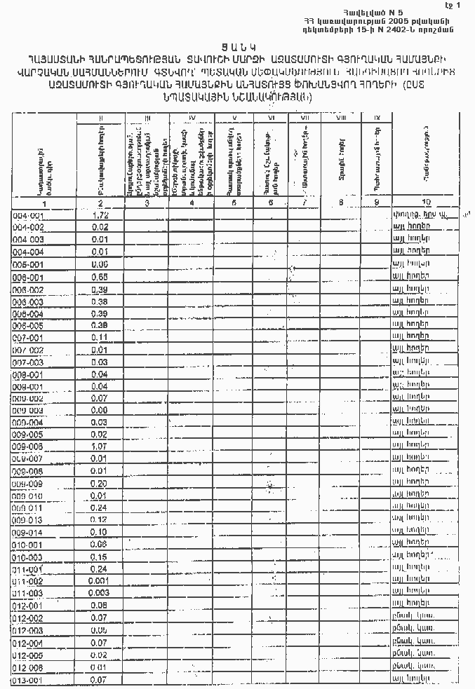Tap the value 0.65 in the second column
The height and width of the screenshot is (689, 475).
(100, 278)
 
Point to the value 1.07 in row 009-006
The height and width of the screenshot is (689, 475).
(100, 445)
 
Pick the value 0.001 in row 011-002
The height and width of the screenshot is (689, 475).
(100, 581)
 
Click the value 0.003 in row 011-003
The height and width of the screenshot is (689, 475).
(100, 593)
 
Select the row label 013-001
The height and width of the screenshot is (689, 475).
(28, 681)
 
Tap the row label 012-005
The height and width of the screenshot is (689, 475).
(28, 655)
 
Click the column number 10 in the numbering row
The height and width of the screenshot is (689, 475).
(427, 203)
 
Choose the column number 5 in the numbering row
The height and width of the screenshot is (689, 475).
(234, 203)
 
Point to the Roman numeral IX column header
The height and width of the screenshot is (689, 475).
(377, 117)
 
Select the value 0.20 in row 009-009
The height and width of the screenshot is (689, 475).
(100, 484)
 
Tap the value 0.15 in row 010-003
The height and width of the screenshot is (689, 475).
(100, 557)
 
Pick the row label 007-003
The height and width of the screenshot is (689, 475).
(28, 362)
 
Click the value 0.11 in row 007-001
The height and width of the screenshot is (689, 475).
(100, 337)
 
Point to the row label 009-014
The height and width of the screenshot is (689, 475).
(28, 533)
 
